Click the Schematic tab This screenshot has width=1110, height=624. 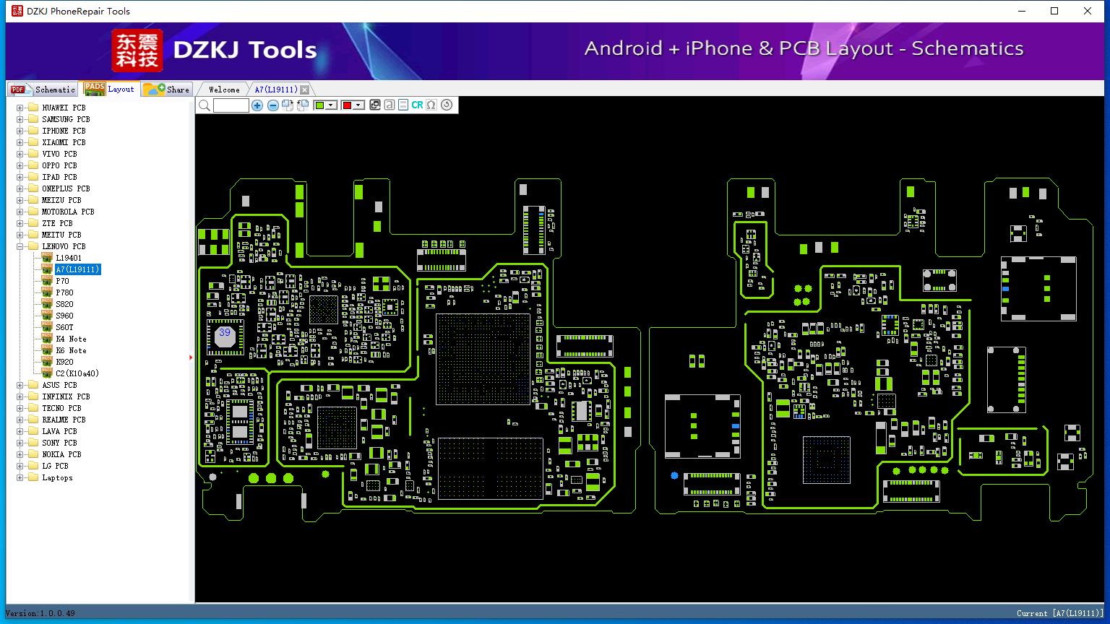(x=43, y=89)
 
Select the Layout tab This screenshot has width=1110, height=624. (x=110, y=89)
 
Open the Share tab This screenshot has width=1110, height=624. (x=166, y=89)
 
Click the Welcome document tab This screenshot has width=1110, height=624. (x=224, y=90)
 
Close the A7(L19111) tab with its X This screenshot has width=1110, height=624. (x=305, y=90)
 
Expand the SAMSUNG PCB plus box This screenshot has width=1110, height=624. (x=20, y=119)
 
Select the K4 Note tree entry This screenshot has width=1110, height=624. (x=71, y=339)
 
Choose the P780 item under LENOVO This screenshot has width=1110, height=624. (x=64, y=292)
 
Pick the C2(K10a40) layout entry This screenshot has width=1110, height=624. (x=77, y=373)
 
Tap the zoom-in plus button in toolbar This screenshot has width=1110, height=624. (x=257, y=105)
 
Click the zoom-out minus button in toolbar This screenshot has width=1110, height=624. (x=272, y=105)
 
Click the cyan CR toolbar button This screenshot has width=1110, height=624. (x=417, y=105)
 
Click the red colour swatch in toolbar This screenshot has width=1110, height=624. (x=347, y=105)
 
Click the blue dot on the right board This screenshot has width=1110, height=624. (x=674, y=475)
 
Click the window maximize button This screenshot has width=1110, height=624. (x=1054, y=11)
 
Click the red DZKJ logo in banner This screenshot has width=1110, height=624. (x=137, y=50)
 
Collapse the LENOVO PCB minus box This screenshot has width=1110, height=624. (x=20, y=246)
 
